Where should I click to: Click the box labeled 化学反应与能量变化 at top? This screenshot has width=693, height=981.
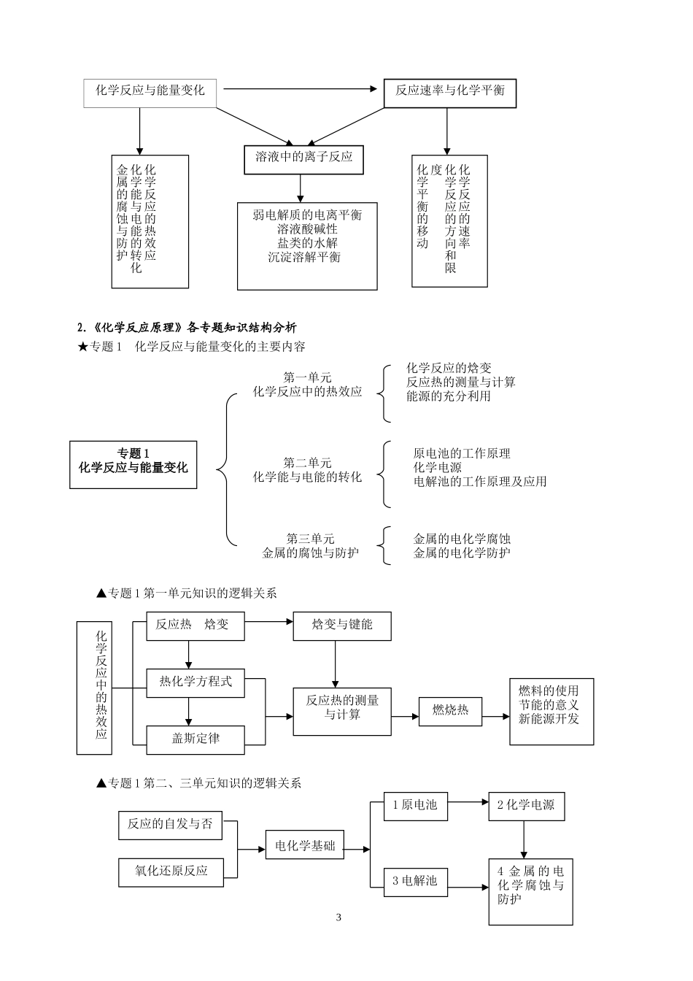pyautogui.click(x=150, y=91)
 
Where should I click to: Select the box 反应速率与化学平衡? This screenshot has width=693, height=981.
pyautogui.click(x=450, y=91)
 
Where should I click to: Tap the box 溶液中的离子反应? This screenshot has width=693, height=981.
pyautogui.click(x=303, y=157)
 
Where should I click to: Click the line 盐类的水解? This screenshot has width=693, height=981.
pyautogui.click(x=307, y=243)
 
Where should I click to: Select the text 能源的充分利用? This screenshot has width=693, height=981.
pyautogui.click(x=449, y=396)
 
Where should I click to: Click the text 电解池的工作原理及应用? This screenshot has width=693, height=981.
pyautogui.click(x=480, y=482)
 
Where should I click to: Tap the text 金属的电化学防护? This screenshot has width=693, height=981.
pyautogui.click(x=462, y=553)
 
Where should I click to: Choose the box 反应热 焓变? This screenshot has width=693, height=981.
pyautogui.click(x=195, y=626)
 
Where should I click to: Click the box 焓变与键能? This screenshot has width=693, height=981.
pyautogui.click(x=342, y=626)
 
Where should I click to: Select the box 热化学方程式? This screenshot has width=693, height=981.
pyautogui.click(x=195, y=682)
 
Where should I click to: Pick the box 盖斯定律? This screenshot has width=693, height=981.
pyautogui.click(x=195, y=739)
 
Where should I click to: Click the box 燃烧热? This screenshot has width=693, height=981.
pyautogui.click(x=450, y=710)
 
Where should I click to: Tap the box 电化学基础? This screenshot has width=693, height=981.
pyautogui.click(x=305, y=847)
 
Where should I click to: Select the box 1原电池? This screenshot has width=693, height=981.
pyautogui.click(x=415, y=805)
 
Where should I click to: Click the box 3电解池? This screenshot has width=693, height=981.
pyautogui.click(x=415, y=881)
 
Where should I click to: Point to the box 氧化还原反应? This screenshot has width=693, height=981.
pyautogui.click(x=171, y=871)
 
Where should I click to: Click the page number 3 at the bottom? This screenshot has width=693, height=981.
pyautogui.click(x=338, y=917)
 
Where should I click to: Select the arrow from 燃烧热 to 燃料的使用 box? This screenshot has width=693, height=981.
pyautogui.click(x=496, y=716)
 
